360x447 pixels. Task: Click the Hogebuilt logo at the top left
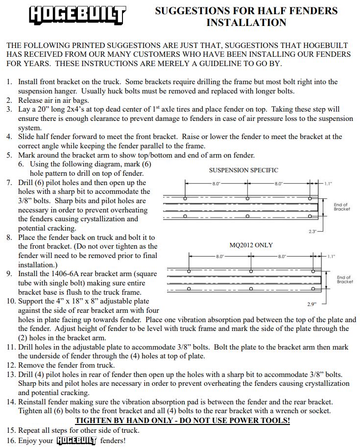click(x=77, y=15)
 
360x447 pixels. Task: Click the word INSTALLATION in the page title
click(x=246, y=23)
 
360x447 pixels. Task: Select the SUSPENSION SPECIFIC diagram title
click(x=243, y=170)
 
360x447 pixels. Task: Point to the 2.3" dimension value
click(x=313, y=231)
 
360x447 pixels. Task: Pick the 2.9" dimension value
click(x=312, y=304)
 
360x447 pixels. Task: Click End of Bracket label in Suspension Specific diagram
click(x=342, y=207)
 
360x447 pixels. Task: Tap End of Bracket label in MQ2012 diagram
click(x=345, y=280)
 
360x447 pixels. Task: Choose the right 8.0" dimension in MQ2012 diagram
click(x=283, y=256)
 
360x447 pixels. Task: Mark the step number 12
click(x=11, y=365)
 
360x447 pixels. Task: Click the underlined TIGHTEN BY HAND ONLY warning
click(x=182, y=421)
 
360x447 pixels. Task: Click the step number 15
click(x=11, y=430)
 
